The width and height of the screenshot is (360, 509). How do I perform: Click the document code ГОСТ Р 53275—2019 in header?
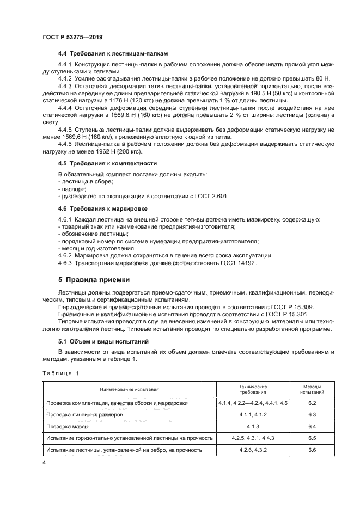72,37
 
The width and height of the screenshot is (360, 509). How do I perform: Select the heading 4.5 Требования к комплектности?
107,163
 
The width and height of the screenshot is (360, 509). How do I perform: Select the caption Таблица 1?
60,372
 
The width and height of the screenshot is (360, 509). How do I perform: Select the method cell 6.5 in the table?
312,438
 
